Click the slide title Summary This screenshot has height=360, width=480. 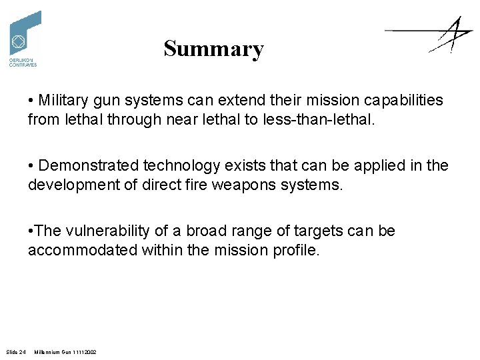(213, 49)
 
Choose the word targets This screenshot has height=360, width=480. (314, 231)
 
